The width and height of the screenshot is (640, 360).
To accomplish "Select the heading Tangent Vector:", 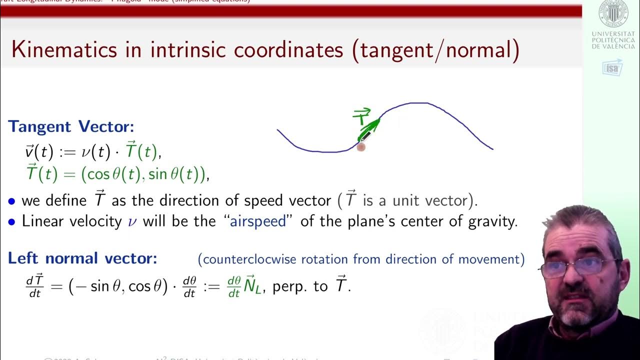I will [x=70, y=126].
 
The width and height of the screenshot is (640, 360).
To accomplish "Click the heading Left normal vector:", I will [x=82, y=258].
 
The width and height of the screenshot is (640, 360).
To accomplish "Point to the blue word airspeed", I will [x=258, y=221].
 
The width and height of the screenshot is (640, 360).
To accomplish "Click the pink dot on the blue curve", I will [x=361, y=146].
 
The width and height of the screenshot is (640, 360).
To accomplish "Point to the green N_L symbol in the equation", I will [x=254, y=286].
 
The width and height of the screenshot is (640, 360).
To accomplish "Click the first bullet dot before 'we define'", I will [x=12, y=201].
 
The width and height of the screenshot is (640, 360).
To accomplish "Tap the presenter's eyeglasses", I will [x=580, y=267].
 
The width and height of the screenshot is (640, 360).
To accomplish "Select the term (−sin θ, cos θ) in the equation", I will [x=118, y=286].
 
